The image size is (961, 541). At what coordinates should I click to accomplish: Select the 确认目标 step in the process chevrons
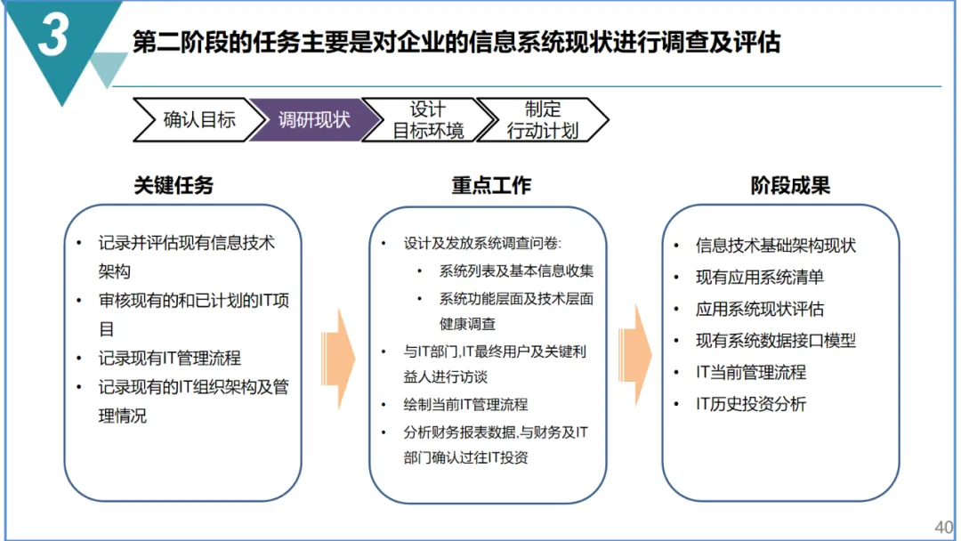(x=198, y=120)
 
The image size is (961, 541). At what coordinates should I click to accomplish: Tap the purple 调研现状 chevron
(x=313, y=120)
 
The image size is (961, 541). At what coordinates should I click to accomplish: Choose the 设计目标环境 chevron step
(x=428, y=120)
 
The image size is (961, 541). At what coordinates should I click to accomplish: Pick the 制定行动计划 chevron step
(x=542, y=120)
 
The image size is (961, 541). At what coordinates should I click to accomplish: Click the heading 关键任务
(x=174, y=185)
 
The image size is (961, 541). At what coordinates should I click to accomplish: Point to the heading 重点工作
(x=491, y=185)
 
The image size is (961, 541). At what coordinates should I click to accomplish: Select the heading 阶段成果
(x=790, y=185)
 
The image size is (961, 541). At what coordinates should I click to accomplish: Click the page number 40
(x=942, y=526)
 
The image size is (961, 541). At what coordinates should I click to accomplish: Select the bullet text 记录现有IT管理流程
(x=170, y=358)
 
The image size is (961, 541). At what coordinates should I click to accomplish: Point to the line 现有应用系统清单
(x=760, y=278)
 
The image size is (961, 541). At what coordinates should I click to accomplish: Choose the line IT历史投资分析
(x=751, y=404)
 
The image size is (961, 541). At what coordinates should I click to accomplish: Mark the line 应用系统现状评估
(x=760, y=309)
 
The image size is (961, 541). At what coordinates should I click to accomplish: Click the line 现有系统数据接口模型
(x=776, y=340)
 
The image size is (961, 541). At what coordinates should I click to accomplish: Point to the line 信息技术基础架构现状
(x=776, y=246)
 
